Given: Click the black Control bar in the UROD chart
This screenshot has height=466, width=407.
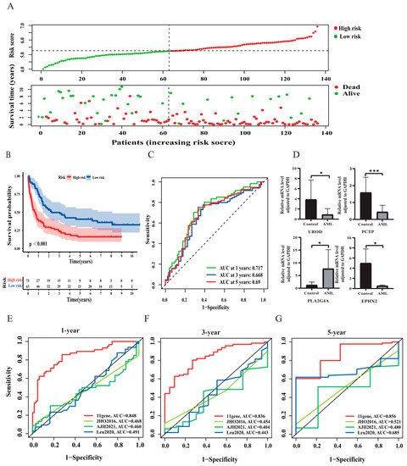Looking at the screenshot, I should point(312,209).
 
